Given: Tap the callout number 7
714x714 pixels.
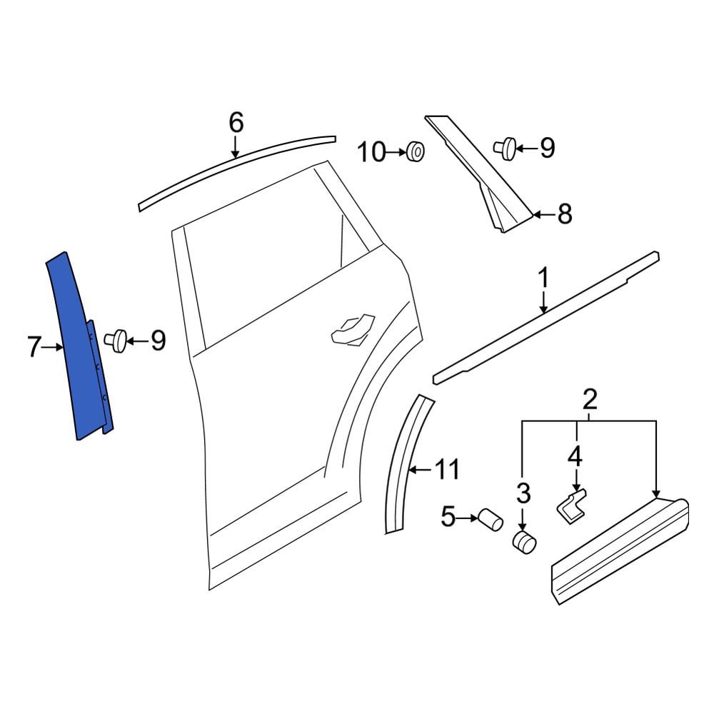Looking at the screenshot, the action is coord(34,347).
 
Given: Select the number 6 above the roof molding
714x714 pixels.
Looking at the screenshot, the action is coord(236,123).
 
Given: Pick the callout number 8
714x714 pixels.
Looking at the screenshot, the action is coord(565,213).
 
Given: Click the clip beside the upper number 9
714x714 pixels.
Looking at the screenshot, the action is coord(505,148).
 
